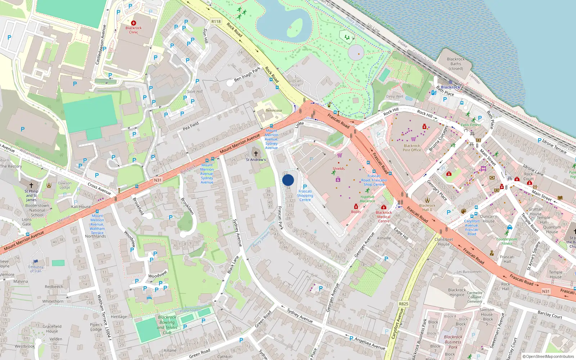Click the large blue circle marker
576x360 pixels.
[288, 180]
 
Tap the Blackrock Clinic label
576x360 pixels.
[134, 30]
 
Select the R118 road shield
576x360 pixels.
[216, 22]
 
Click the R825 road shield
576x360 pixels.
[404, 304]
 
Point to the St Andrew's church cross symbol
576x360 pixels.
[256, 154]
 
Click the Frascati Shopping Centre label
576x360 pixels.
[305, 195]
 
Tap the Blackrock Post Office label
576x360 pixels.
[412, 148]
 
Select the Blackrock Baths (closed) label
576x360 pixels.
[456, 64]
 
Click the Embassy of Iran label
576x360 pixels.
[36, 269]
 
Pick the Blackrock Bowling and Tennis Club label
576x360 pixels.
[167, 325]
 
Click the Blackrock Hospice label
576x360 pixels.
[457, 292]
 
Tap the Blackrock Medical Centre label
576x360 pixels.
[384, 217]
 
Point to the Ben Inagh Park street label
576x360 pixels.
[247, 74]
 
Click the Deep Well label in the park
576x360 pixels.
[395, 96]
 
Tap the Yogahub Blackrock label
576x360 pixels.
[367, 199]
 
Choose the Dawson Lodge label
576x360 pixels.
[65, 185]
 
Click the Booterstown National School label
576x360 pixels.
[37, 210]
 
